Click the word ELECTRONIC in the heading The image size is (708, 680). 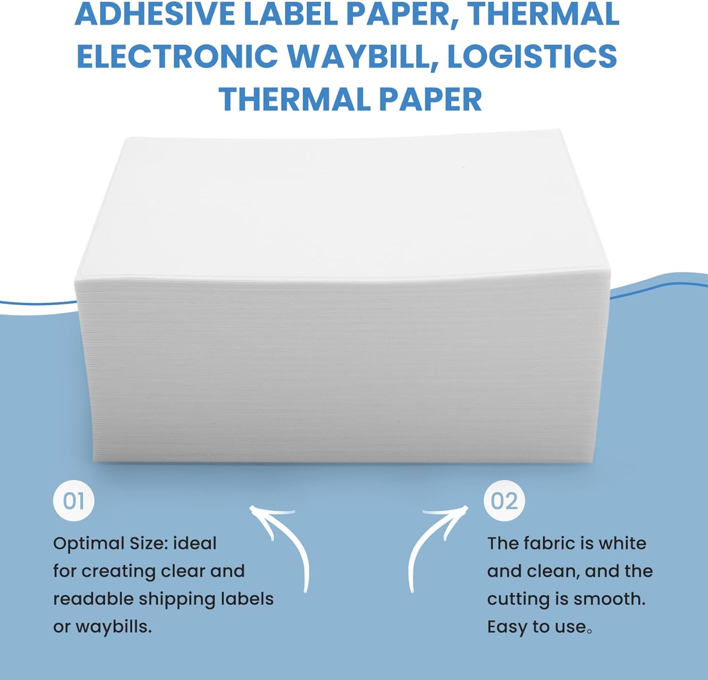click(177, 57)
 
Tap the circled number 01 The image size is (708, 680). click(74, 501)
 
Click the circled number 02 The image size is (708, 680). click(504, 501)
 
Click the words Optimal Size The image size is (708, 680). click(110, 544)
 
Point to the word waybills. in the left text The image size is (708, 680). click(113, 627)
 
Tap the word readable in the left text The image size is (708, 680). click(93, 599)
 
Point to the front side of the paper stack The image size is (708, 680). click(340, 373)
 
